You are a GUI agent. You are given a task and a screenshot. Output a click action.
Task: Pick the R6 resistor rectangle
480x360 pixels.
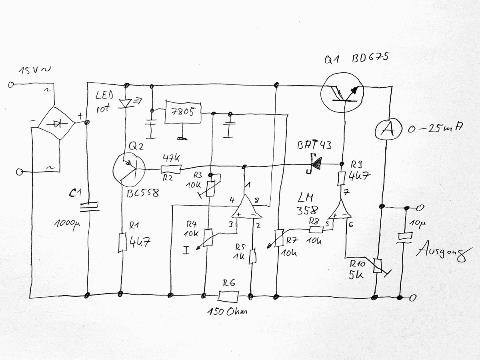point(229,296)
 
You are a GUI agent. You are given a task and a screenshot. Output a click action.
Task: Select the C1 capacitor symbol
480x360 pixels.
point(89,207)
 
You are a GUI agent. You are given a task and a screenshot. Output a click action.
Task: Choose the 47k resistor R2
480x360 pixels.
point(171,169)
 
